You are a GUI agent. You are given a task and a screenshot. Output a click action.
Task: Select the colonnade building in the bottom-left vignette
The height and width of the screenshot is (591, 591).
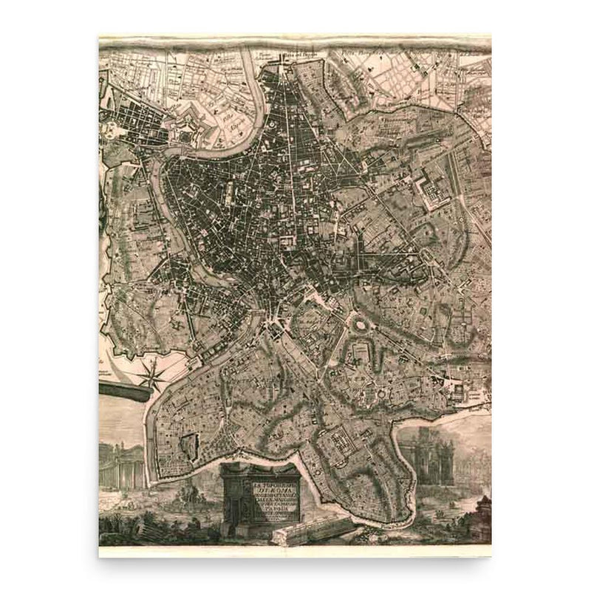(x=117, y=466)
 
